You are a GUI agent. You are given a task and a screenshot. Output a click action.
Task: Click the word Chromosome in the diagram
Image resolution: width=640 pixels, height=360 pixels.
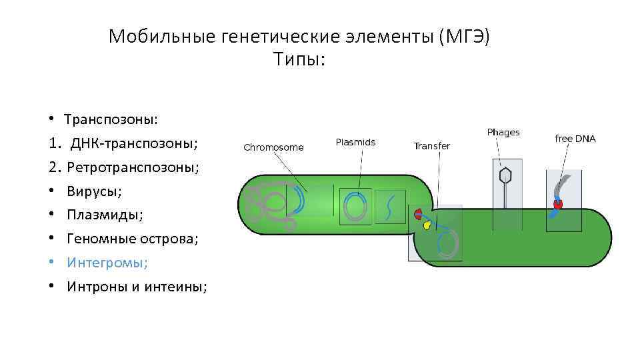coord(273,147)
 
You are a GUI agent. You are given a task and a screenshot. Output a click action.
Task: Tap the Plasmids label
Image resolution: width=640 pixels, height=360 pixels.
coord(355,142)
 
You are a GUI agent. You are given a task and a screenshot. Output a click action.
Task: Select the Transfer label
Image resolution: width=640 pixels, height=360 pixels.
coord(431,146)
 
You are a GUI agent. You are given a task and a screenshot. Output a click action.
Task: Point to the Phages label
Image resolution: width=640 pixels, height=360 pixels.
coord(503,133)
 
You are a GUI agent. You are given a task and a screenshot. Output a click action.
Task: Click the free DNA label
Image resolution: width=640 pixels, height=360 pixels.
coord(575,139)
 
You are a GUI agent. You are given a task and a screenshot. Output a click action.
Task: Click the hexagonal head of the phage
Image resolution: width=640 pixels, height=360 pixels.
coord(506,175)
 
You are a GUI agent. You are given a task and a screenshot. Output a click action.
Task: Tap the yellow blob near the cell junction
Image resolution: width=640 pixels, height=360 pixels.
coord(427,224)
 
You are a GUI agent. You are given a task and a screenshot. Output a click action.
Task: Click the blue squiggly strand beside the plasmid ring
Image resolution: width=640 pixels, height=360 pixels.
coord(391,207)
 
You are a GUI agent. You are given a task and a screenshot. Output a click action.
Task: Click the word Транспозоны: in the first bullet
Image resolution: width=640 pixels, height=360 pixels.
coord(111,119)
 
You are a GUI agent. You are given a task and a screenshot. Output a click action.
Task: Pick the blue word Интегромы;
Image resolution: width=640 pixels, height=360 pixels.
coord(107,263)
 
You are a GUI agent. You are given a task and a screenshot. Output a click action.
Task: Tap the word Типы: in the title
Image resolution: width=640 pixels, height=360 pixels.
coord(299,60)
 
